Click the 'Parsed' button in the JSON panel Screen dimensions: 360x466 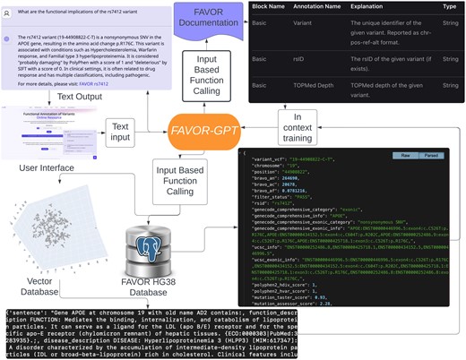pos(445,155)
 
